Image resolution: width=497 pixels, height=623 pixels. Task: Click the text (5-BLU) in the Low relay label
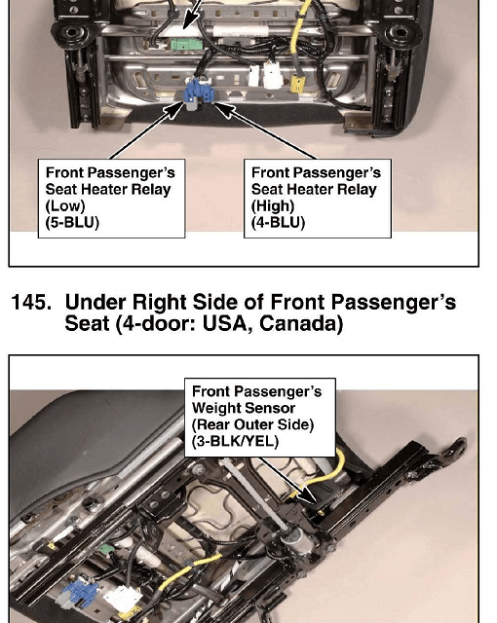(x=72, y=222)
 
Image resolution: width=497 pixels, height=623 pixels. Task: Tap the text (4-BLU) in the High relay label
(x=278, y=222)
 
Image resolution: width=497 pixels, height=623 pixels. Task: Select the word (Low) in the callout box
(x=65, y=205)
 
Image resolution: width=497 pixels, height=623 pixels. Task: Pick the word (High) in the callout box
(x=273, y=205)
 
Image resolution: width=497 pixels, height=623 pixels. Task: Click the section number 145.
(x=31, y=302)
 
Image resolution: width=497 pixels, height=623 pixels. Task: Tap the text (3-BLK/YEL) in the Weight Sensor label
(x=235, y=441)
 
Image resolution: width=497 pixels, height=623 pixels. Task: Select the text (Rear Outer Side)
(x=252, y=424)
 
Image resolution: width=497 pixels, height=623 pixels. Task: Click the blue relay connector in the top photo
(x=198, y=93)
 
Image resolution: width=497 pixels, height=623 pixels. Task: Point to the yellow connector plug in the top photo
(x=297, y=84)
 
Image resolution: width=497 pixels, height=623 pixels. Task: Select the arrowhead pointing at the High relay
(x=223, y=109)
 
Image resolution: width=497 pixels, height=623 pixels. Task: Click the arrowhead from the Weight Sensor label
(x=308, y=495)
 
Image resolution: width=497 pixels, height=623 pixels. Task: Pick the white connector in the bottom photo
(x=122, y=599)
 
